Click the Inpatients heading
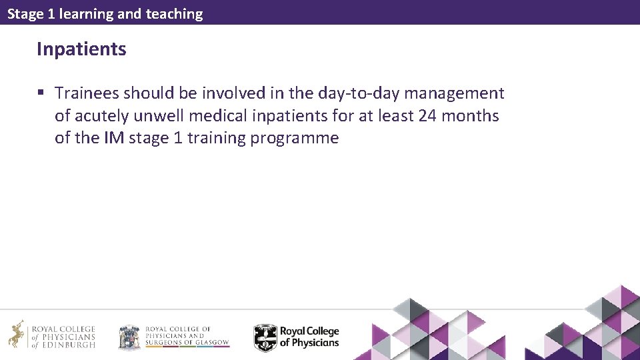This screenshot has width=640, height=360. (x=81, y=49)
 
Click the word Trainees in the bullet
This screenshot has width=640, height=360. (x=87, y=93)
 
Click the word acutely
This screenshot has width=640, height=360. (x=102, y=116)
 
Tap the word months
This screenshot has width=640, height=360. (x=470, y=116)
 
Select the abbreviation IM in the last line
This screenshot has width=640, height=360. (x=113, y=139)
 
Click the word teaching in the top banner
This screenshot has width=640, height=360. (x=175, y=13)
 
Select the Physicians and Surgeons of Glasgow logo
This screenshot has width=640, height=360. (x=174, y=337)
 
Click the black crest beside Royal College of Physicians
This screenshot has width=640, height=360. (x=265, y=337)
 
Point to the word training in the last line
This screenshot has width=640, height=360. (x=217, y=139)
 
